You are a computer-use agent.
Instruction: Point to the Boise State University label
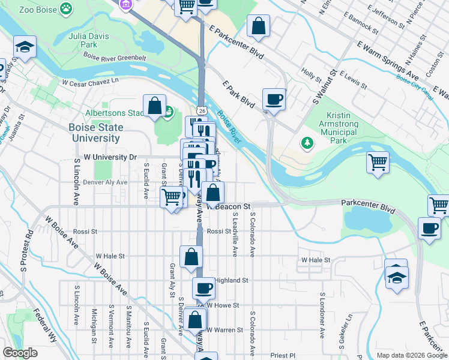pos(95,133)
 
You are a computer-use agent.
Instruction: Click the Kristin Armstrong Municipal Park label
pos(345,128)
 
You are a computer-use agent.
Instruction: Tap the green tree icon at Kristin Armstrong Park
pos(307,143)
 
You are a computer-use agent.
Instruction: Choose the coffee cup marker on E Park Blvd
pos(274,99)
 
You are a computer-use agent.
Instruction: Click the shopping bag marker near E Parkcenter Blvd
pos(258,26)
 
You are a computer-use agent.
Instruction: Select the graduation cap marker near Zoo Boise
pos(25,47)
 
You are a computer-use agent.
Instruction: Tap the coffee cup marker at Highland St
pos(203,287)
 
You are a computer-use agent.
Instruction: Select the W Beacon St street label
pos(229,206)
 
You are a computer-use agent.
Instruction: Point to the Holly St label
pos(312,75)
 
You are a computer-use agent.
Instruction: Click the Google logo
pos(21,353)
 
